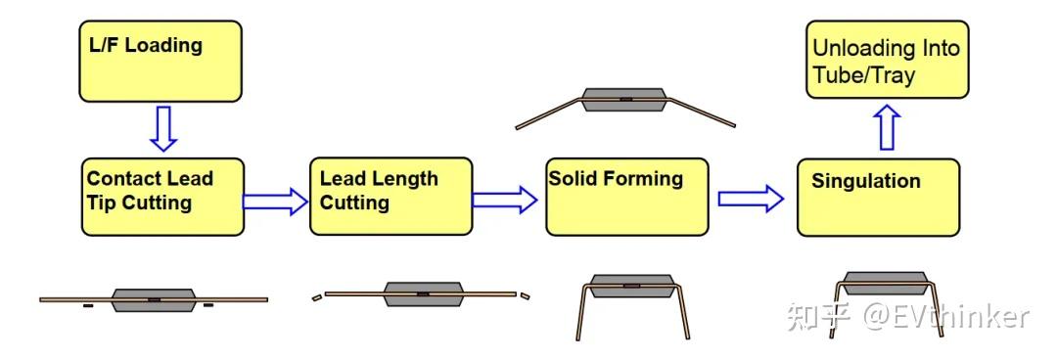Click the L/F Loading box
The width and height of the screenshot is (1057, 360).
click(161, 61)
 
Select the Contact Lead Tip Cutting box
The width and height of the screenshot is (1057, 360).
click(161, 197)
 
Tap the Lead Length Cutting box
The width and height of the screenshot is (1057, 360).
click(391, 196)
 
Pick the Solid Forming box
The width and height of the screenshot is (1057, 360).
click(626, 197)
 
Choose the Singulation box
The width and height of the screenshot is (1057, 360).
click(878, 198)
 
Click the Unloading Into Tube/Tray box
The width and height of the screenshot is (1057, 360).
click(887, 59)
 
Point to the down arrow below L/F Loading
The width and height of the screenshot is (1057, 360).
click(163, 128)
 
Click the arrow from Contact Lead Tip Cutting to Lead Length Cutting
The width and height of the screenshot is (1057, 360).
click(275, 202)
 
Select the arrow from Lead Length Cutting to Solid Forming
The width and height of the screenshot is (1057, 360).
click(505, 201)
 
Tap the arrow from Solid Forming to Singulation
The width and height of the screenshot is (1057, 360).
click(751, 200)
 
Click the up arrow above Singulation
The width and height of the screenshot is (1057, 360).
click(887, 127)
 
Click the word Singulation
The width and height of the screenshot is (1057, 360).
click(866, 181)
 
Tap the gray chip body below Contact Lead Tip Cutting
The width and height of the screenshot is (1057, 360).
click(154, 299)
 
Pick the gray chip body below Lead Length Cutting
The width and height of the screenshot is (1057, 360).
click(423, 293)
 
